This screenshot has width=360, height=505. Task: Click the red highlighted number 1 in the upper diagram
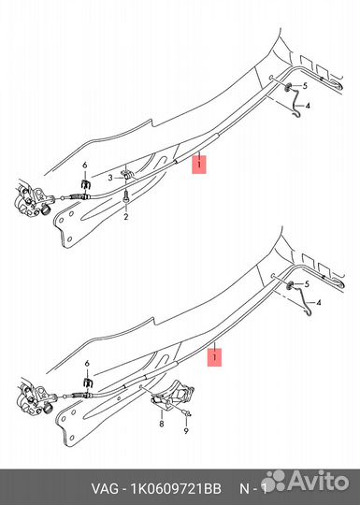199,165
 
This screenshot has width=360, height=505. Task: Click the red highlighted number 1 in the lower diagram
214,357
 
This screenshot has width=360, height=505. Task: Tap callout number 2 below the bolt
126,216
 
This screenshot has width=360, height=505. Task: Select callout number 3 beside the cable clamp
110,178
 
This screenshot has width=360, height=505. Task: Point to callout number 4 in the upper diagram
308,106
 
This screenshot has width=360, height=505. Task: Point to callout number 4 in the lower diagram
319,303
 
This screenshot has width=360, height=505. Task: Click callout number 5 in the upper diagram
305,86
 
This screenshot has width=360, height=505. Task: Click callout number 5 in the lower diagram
307,284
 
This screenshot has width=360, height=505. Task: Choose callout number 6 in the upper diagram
85,166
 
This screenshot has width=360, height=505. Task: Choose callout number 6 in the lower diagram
87,364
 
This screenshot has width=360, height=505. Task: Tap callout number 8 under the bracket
162,424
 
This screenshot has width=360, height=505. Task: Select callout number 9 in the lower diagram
186,431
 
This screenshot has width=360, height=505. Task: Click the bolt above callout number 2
126,196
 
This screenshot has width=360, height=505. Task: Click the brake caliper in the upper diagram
31,199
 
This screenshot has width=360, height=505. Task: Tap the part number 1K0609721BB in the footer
176,489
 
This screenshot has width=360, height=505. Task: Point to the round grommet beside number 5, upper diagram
288,86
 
